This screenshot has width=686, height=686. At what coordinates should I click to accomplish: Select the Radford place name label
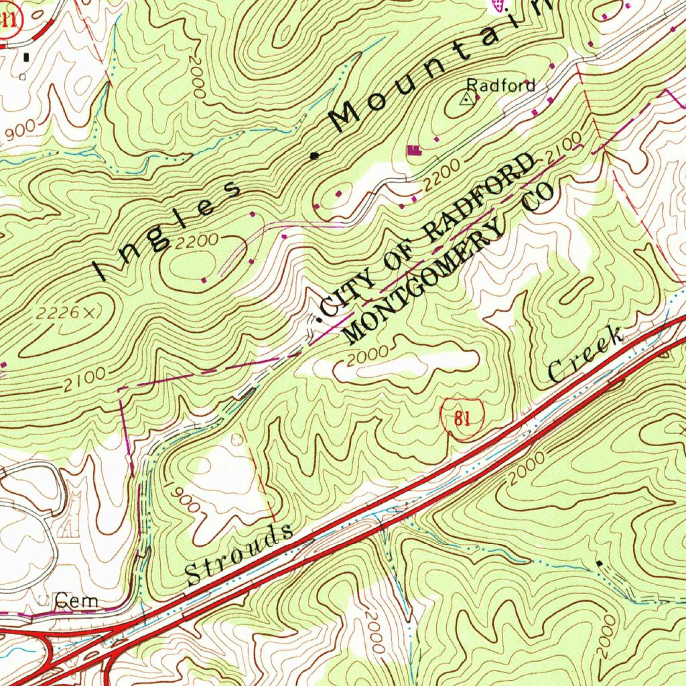[x=501, y=85]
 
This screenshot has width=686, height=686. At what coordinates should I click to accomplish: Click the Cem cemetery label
[x=76, y=601]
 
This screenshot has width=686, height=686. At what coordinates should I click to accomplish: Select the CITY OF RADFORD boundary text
[x=429, y=234]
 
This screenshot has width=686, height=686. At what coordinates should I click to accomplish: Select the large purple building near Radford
[x=415, y=150]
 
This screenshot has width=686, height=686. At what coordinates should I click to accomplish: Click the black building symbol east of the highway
[x=599, y=563]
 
